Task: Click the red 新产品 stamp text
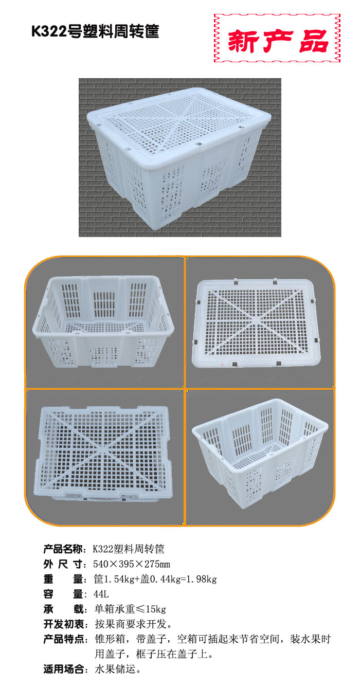[278, 41]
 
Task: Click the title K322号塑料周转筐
[95, 31]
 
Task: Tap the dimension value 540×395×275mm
[132, 564]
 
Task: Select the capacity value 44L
[101, 594]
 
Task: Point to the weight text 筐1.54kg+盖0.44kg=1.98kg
[155, 579]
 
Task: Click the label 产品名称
[63, 549]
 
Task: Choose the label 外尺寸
[63, 564]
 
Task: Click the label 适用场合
[63, 669]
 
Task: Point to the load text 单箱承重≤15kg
[130, 609]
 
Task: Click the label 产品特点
[63, 639]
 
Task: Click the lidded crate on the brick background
[179, 158]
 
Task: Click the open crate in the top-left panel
[103, 321]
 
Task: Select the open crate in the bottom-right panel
[260, 454]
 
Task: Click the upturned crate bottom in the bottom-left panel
[104, 454]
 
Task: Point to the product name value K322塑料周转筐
[129, 549]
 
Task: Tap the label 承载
[63, 609]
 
